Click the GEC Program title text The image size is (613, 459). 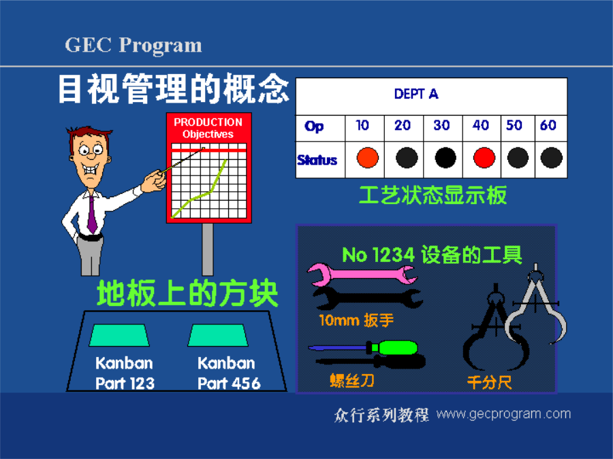click(x=133, y=46)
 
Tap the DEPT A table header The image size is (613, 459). click(x=416, y=94)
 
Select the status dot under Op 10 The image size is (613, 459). click(x=368, y=158)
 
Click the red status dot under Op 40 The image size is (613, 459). click(x=484, y=158)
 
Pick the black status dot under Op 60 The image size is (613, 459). click(x=551, y=158)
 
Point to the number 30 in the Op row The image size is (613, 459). click(x=441, y=125)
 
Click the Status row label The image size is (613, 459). click(x=317, y=160)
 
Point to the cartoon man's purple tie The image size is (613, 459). click(x=92, y=215)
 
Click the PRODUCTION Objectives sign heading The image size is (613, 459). click(x=208, y=128)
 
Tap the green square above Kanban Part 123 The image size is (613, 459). click(x=119, y=335)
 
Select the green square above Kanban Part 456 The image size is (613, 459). click(x=218, y=335)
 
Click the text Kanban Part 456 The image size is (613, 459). click(x=228, y=373)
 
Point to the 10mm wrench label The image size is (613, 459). click(x=356, y=320)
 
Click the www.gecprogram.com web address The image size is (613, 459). click(x=503, y=413)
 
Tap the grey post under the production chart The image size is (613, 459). click(x=208, y=250)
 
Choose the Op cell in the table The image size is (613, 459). click(x=314, y=126)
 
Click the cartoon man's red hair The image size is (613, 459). click(x=89, y=133)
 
